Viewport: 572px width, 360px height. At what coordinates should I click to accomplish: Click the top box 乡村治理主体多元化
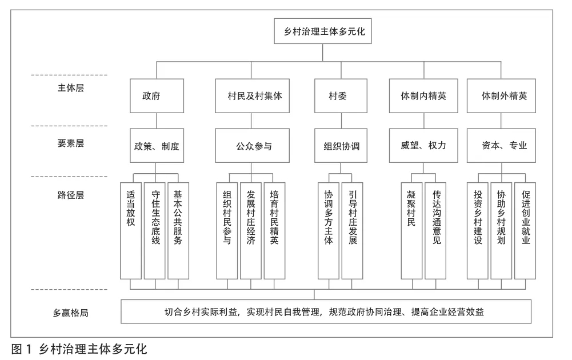pyautogui.click(x=322, y=31)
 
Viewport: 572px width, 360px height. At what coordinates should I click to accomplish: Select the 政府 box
pyautogui.click(x=157, y=96)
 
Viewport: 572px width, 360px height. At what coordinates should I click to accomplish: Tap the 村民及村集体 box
pyautogui.click(x=252, y=96)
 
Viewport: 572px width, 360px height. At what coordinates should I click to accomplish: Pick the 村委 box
pyautogui.click(x=341, y=96)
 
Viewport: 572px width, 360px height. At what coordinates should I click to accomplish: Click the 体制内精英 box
pyautogui.click(x=423, y=96)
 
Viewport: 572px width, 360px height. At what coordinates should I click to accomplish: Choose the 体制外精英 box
pyautogui.click(x=501, y=96)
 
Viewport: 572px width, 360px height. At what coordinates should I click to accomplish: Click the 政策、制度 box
pyautogui.click(x=157, y=146)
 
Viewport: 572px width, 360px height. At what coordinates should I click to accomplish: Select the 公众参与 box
pyautogui.click(x=252, y=146)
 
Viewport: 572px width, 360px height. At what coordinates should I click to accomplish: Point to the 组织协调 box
pyautogui.click(x=341, y=146)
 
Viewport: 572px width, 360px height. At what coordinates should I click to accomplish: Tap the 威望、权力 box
pyautogui.click(x=423, y=146)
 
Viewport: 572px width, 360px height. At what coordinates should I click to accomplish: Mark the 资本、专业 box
pyautogui.click(x=501, y=146)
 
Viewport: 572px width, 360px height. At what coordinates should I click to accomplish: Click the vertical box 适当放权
pyautogui.click(x=131, y=231)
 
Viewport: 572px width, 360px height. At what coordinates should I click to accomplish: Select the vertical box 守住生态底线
pyautogui.click(x=155, y=231)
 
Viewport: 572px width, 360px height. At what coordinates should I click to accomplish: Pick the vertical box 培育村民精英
pyautogui.click(x=274, y=231)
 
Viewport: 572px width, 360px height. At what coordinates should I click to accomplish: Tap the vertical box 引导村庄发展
pyautogui.click(x=352, y=231)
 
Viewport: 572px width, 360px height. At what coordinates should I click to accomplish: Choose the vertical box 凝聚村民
pyautogui.click(x=411, y=231)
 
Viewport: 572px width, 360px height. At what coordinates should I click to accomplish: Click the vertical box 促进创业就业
pyautogui.click(x=525, y=231)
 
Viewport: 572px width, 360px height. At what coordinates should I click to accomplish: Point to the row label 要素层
pyautogui.click(x=71, y=143)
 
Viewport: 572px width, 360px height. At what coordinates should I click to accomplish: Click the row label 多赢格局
pyautogui.click(x=71, y=313)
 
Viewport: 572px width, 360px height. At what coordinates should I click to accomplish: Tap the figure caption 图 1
pyautogui.click(x=22, y=349)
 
